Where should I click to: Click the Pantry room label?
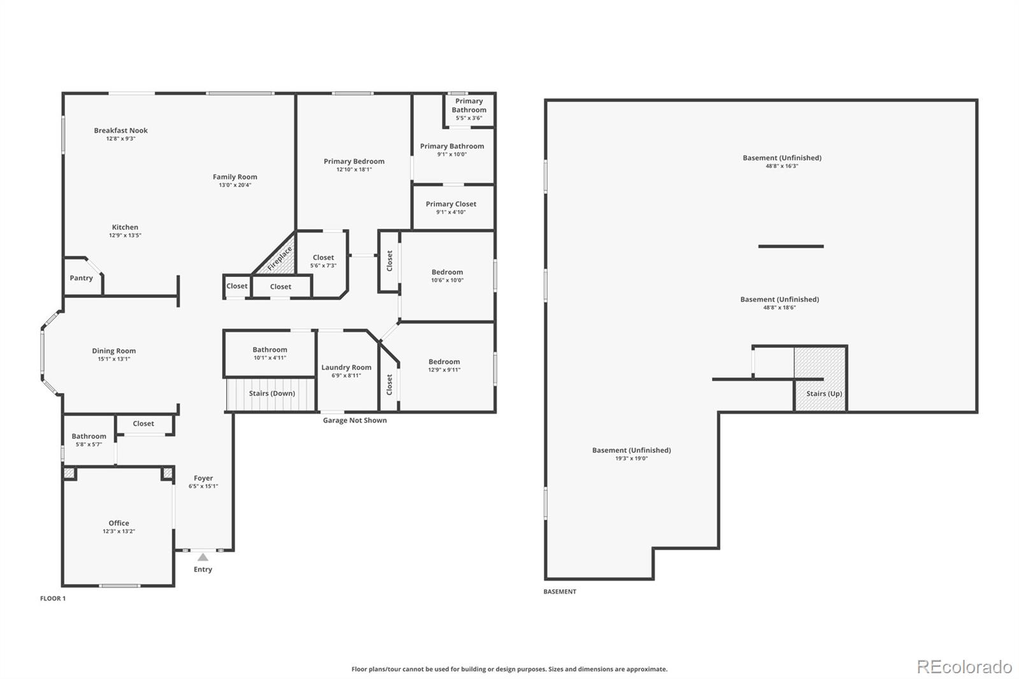pyautogui.click(x=81, y=278)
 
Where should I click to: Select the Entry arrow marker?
pyautogui.click(x=203, y=557)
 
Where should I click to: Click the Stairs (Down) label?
pyautogui.click(x=272, y=394)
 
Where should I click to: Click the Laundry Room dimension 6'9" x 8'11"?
pyautogui.click(x=346, y=376)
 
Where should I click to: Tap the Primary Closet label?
pyautogui.click(x=451, y=204)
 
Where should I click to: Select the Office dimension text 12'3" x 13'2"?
pyautogui.click(x=118, y=531)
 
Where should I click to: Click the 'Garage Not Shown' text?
pyautogui.click(x=355, y=420)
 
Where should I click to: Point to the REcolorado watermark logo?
pyautogui.click(x=964, y=667)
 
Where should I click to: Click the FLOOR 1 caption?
pyautogui.click(x=53, y=599)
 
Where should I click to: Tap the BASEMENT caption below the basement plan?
pyautogui.click(x=560, y=592)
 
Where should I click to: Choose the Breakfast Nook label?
pyautogui.click(x=121, y=131)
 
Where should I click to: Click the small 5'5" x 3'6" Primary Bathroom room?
pyautogui.click(x=469, y=110)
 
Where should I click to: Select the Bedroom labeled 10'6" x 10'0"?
pyautogui.click(x=447, y=276)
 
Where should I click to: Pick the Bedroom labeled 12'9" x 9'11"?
pyautogui.click(x=444, y=365)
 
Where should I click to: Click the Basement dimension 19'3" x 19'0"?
pyautogui.click(x=631, y=459)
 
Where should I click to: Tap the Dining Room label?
pyautogui.click(x=114, y=351)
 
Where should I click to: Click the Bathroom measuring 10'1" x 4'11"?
pyautogui.click(x=269, y=354)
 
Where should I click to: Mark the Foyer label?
pyautogui.click(x=203, y=478)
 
